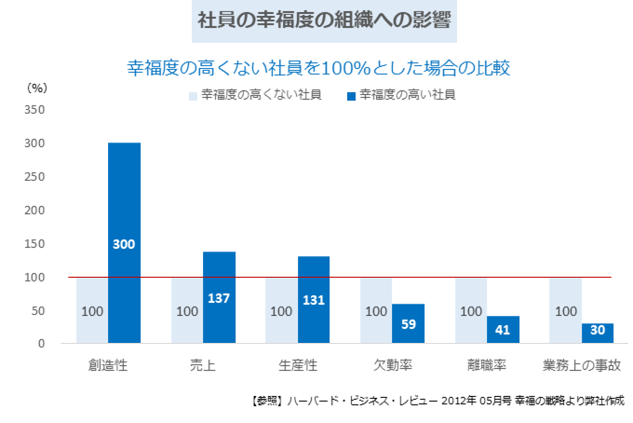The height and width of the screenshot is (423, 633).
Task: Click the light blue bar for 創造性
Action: click(92, 310)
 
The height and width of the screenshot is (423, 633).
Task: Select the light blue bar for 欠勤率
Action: click(376, 310)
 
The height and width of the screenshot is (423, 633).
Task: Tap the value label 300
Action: click(124, 244)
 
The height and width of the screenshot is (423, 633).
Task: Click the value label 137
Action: click(220, 299)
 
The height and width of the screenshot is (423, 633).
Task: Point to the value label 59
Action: click(409, 325)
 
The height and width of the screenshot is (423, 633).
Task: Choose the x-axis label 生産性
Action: click(298, 365)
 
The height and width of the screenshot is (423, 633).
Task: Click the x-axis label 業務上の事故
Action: click(581, 365)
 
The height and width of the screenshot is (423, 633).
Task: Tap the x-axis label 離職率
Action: click(487, 365)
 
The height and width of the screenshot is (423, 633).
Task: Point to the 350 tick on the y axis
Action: click(34, 109)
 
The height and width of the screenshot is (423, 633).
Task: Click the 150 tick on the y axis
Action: click(34, 243)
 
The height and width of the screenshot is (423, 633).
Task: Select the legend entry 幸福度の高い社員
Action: click(400, 94)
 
